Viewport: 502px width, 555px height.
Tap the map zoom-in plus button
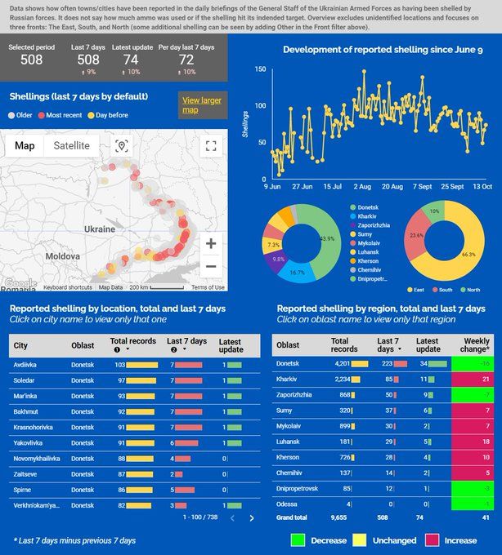[x=211, y=243]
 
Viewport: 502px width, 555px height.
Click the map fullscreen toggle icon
[x=211, y=146]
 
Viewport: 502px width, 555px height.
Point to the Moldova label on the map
[x=62, y=255]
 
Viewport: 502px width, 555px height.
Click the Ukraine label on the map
[x=100, y=229]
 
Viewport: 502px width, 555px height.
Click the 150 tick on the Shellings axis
[x=259, y=69]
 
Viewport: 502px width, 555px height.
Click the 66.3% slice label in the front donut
[x=468, y=255]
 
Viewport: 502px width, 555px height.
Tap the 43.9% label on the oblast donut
[x=327, y=238]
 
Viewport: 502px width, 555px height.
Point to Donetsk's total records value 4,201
[x=338, y=363]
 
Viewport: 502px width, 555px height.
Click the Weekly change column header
[x=476, y=344]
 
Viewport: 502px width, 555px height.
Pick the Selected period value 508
[x=32, y=60]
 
